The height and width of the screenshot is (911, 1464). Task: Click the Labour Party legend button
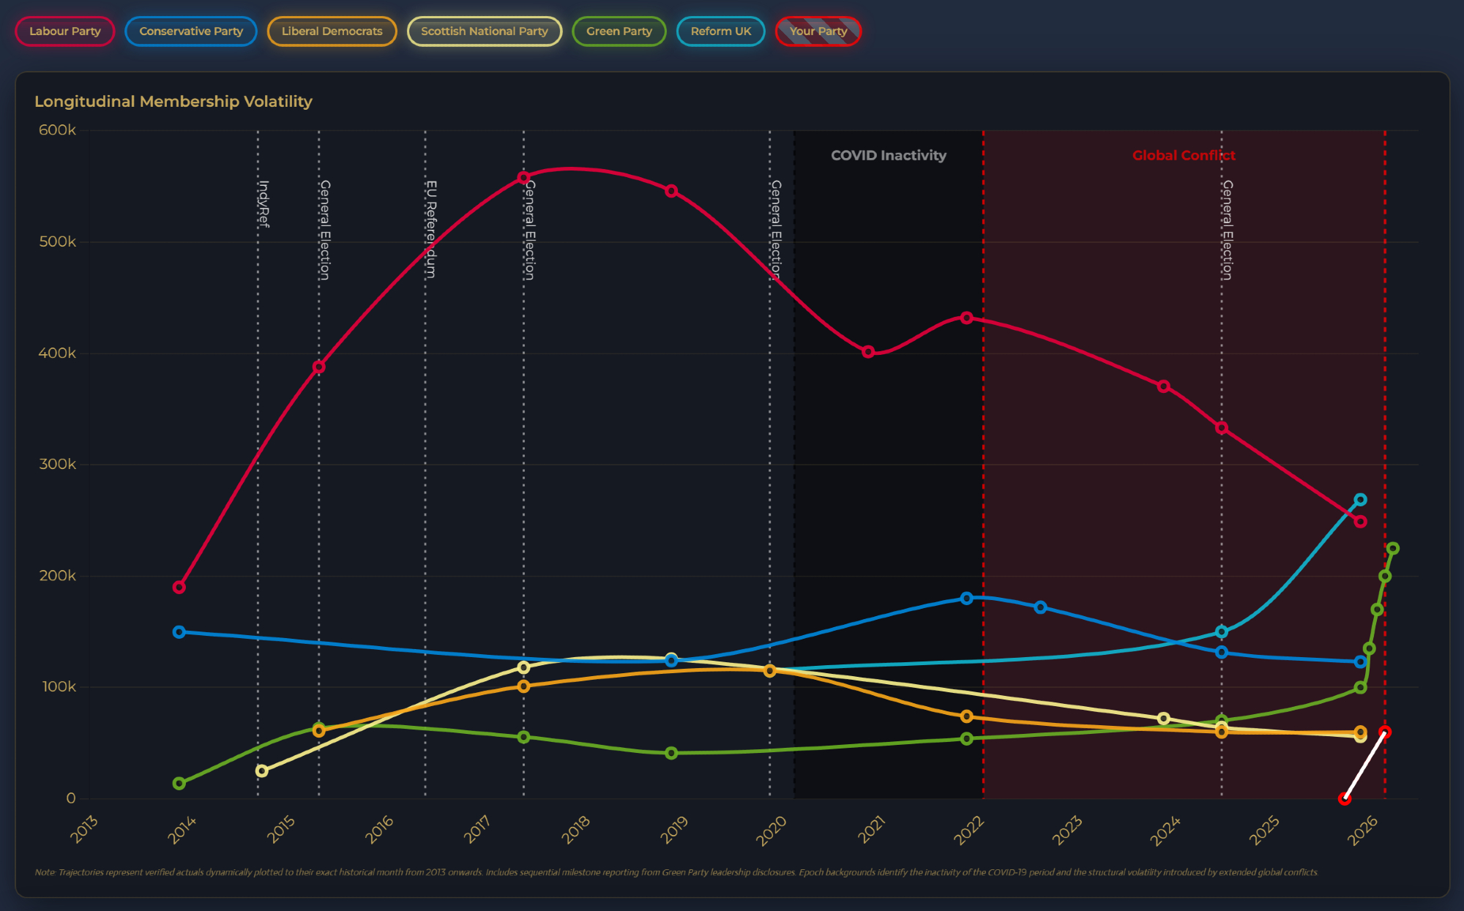[65, 31]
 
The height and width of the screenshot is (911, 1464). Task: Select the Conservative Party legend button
[191, 31]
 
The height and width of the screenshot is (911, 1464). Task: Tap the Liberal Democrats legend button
[332, 31]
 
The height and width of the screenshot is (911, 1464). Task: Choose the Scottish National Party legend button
[484, 31]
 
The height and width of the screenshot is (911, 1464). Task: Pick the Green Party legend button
[619, 31]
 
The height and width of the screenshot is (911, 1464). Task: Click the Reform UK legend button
[720, 31]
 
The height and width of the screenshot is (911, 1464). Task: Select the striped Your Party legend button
[818, 31]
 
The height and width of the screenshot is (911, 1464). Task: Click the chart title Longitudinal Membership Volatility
[173, 102]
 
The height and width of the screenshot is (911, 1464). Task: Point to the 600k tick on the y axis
[57, 130]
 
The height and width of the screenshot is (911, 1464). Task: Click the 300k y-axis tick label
[57, 465]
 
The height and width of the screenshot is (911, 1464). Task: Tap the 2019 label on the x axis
[674, 830]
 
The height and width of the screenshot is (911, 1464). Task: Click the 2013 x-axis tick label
[84, 830]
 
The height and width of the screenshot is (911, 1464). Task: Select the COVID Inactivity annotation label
[888, 155]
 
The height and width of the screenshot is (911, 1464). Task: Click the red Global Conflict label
[1183, 155]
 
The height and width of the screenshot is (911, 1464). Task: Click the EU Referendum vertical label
[431, 229]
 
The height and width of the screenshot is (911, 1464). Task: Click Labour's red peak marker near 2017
[523, 178]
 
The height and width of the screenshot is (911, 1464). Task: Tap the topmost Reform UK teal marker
[1360, 500]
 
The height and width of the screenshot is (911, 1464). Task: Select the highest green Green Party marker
[1392, 548]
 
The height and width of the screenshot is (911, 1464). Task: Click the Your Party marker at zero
[1344, 798]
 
